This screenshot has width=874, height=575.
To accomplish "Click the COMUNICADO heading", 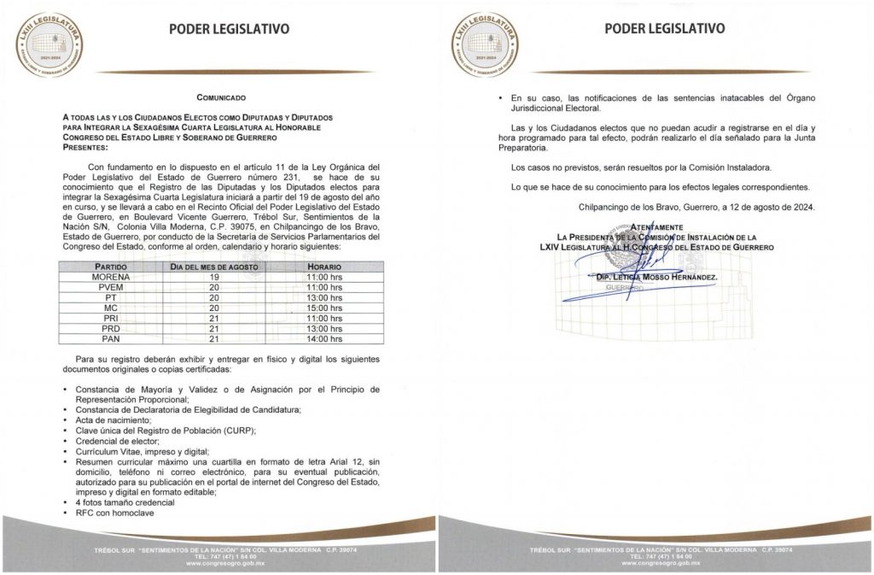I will click(220, 98).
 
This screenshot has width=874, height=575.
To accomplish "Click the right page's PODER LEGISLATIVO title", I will click(665, 28).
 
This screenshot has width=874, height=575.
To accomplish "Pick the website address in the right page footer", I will click(655, 565).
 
